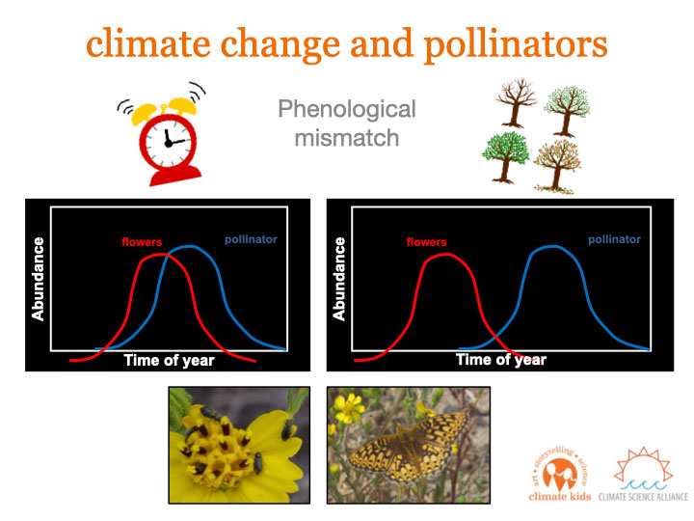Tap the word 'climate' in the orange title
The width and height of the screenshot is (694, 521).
[x=148, y=43]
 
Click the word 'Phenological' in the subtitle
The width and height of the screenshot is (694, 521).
[x=347, y=109]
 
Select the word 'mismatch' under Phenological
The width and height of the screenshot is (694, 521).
[x=347, y=138]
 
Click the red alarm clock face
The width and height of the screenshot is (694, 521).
[x=168, y=141]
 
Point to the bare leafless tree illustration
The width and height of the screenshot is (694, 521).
[x=516, y=103]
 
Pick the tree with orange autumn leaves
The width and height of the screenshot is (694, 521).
[x=558, y=166]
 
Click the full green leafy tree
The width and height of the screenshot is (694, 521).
[x=506, y=156]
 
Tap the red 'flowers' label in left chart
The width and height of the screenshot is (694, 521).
[x=142, y=242]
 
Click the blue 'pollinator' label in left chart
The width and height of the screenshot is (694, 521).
[x=251, y=239]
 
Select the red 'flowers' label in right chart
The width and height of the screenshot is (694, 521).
[x=426, y=242]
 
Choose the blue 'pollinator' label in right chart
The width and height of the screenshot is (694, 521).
[x=614, y=239]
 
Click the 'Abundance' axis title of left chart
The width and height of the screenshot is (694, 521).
[x=38, y=279]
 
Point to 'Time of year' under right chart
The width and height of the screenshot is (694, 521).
[x=501, y=359]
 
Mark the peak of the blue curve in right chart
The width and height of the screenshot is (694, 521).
[x=552, y=246]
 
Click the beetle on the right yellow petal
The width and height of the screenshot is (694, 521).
[x=287, y=429]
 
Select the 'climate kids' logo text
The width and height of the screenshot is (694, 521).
[x=560, y=497]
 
